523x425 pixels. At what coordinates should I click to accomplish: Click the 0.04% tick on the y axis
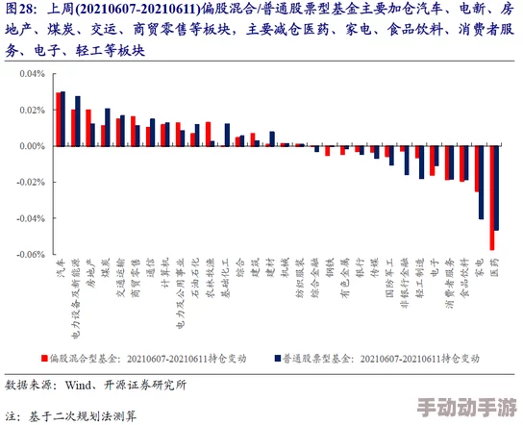(x=32, y=73)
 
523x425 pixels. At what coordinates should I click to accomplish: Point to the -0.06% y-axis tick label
(x=31, y=255)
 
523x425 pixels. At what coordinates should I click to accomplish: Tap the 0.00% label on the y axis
(x=32, y=145)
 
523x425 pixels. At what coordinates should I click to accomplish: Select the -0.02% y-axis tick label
(x=31, y=182)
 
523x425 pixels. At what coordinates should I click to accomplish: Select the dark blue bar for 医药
(x=496, y=187)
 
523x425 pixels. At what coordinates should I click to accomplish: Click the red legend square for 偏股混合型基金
(x=44, y=358)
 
